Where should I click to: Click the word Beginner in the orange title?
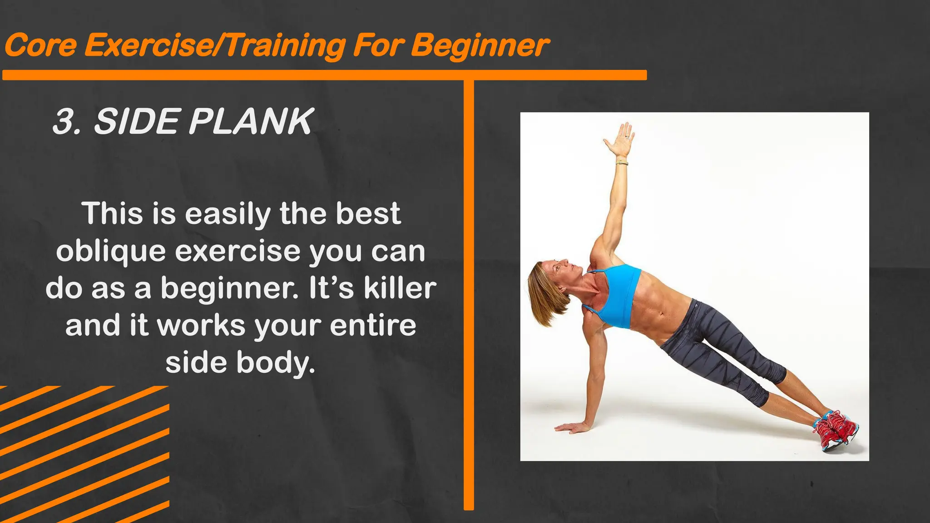[x=480, y=46]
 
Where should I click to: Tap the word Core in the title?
[x=40, y=45]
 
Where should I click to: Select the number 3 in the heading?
[x=64, y=122]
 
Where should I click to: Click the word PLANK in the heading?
[x=250, y=122]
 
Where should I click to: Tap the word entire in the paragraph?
[x=373, y=325]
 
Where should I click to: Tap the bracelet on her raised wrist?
[x=622, y=163]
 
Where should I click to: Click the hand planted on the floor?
[x=571, y=427]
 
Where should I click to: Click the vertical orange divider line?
[x=469, y=295]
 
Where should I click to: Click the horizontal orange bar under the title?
[x=324, y=75]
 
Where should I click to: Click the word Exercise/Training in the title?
[x=215, y=46]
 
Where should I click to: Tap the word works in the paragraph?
[x=201, y=325]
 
